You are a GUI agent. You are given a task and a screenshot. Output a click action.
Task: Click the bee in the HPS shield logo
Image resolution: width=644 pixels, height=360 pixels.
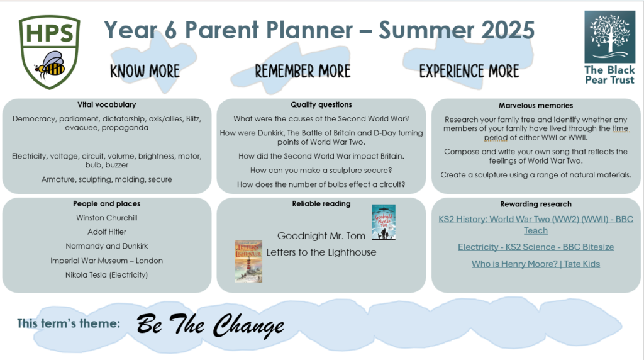pos(50,65)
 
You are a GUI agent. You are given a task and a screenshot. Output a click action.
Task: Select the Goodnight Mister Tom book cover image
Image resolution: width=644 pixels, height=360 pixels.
pos(384,222)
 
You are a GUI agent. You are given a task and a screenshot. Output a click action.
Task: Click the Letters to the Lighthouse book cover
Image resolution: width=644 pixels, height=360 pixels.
pos(248,261)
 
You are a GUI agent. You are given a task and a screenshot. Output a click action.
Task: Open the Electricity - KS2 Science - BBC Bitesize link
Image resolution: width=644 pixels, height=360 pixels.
pos(536,247)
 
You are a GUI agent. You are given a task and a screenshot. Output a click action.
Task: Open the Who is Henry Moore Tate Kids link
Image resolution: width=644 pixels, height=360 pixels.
pos(536,264)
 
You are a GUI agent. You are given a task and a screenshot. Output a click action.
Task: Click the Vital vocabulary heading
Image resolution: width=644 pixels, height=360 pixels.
pos(107,105)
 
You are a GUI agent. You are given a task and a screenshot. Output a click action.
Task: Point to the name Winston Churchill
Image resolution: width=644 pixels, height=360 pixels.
pos(107,218)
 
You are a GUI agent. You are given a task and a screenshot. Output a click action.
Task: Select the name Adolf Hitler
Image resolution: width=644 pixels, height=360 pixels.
pos(107,232)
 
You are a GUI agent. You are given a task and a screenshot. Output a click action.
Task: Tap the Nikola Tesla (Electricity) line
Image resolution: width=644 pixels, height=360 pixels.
pos(107,274)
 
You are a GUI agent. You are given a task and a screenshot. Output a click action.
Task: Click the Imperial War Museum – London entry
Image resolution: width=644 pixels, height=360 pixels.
pos(107,261)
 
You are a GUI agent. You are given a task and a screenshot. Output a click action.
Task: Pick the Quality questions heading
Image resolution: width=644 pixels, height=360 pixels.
pos(321,105)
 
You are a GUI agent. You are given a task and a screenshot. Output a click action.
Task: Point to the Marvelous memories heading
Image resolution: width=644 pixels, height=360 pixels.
pos(536,106)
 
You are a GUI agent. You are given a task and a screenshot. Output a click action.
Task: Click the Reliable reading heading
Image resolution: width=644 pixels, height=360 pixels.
pos(321,203)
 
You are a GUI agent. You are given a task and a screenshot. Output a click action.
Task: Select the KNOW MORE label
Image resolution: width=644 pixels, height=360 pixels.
pos(145,72)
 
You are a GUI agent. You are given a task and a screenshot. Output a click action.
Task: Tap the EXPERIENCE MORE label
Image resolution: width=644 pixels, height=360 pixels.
pos(469,72)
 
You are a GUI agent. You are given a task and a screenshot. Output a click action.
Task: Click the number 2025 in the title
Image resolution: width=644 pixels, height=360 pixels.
pos(508,30)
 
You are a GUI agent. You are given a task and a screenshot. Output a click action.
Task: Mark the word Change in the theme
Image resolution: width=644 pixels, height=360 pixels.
pos(248,325)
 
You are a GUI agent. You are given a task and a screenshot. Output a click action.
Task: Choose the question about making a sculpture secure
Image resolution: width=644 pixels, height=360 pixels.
pos(321,170)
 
